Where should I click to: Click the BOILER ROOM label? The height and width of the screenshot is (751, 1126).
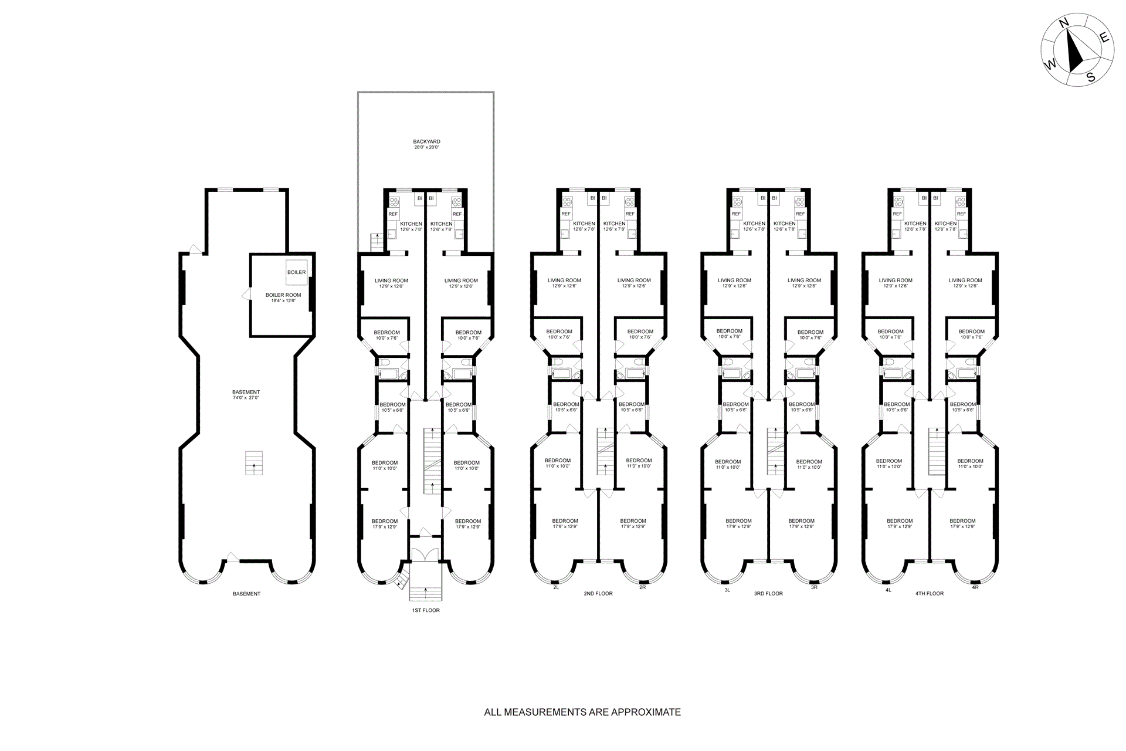click(x=283, y=295)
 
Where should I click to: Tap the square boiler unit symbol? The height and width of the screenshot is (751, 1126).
click(x=296, y=272)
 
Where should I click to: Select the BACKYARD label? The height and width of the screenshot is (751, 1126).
click(x=426, y=141)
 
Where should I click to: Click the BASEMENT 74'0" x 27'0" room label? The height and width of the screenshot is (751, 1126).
click(x=246, y=392)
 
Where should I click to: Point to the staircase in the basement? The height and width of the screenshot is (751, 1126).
click(x=254, y=462)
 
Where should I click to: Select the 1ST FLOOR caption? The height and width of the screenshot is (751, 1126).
click(x=425, y=610)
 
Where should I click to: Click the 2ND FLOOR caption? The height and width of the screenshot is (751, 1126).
click(x=598, y=594)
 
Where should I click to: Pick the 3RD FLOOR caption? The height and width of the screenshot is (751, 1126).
click(x=768, y=594)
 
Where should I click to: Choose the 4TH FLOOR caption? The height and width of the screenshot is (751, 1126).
click(x=930, y=594)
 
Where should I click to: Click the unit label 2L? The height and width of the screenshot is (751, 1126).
click(x=555, y=587)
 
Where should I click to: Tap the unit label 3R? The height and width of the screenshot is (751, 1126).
click(x=814, y=587)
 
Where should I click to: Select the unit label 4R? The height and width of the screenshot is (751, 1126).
click(x=975, y=587)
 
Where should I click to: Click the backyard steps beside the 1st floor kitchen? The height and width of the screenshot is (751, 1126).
click(x=376, y=242)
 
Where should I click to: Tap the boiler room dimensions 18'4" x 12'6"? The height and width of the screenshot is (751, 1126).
click(x=283, y=301)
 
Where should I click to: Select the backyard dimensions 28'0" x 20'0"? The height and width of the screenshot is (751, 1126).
click(x=426, y=147)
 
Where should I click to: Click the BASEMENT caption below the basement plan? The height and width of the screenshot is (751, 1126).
click(x=246, y=594)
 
